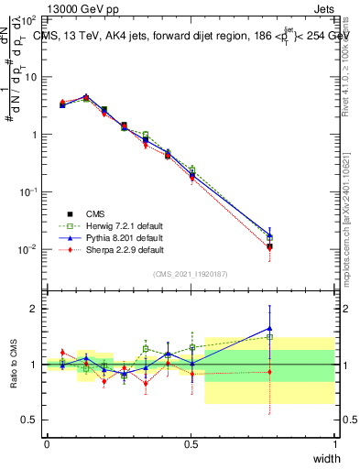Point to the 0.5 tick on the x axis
click(191, 443)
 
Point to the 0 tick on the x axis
click(47, 443)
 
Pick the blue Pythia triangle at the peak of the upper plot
click(86, 96)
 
